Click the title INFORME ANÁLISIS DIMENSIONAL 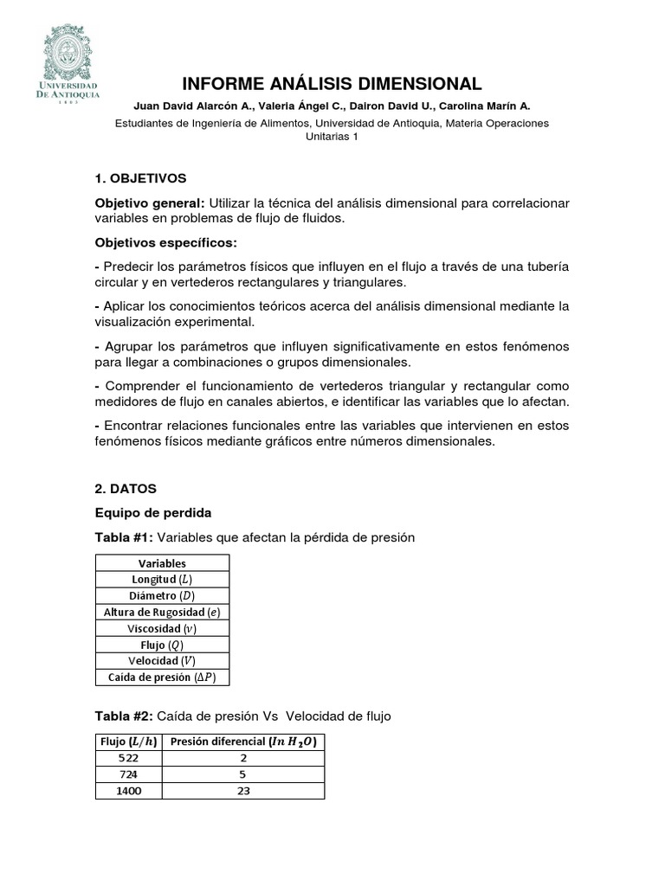pyautogui.click(x=332, y=84)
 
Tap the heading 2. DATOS pyautogui.click(x=126, y=489)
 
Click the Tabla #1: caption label pyautogui.click(x=124, y=537)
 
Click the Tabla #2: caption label pyautogui.click(x=124, y=716)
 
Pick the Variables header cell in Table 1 pyautogui.click(x=162, y=563)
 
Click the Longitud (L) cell pyautogui.click(x=162, y=580)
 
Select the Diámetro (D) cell pyautogui.click(x=162, y=596)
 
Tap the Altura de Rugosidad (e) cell pyautogui.click(x=162, y=613)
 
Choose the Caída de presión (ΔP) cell pyautogui.click(x=162, y=677)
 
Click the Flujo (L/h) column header pyautogui.click(x=126, y=742)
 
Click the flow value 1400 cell pyautogui.click(x=126, y=791)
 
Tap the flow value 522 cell pyautogui.click(x=126, y=758)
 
